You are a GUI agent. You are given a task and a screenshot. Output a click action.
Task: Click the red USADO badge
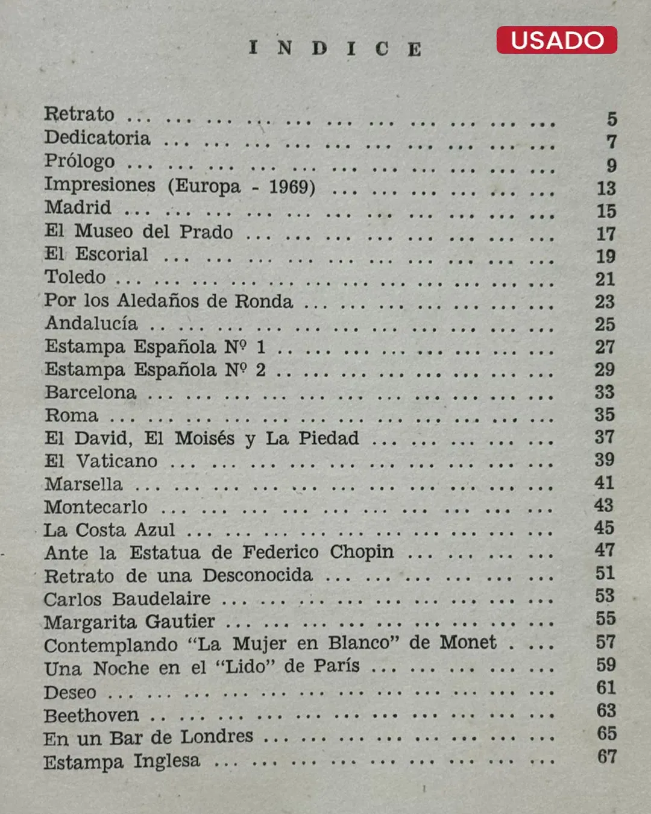[x=556, y=40]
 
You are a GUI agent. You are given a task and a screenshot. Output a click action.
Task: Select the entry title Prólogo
[x=79, y=161]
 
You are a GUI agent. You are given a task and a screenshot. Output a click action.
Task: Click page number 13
[x=606, y=188]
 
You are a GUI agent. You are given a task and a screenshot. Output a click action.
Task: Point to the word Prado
[x=206, y=232]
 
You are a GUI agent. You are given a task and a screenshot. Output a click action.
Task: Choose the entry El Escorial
[x=96, y=254]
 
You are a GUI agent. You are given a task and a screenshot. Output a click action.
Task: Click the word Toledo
[x=75, y=277]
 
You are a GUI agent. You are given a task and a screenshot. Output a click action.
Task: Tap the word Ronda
[x=263, y=300]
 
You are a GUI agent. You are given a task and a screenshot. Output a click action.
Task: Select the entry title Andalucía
[x=91, y=323]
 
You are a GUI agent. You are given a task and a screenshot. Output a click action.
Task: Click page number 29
[x=605, y=369]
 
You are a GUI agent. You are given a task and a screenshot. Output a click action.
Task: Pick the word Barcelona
[x=90, y=392]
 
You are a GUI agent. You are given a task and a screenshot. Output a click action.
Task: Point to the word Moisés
[x=204, y=438]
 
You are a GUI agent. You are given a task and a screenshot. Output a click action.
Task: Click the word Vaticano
[x=116, y=461]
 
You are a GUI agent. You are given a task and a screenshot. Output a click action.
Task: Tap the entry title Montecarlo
[x=95, y=506]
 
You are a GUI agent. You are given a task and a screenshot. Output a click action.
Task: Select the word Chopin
[x=362, y=552]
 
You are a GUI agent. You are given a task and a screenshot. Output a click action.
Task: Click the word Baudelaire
[x=161, y=598]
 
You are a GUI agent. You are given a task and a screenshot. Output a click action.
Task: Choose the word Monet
[x=468, y=642]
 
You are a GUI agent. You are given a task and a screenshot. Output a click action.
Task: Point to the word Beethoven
[x=91, y=715]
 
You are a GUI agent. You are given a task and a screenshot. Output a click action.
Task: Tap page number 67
[x=607, y=756]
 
